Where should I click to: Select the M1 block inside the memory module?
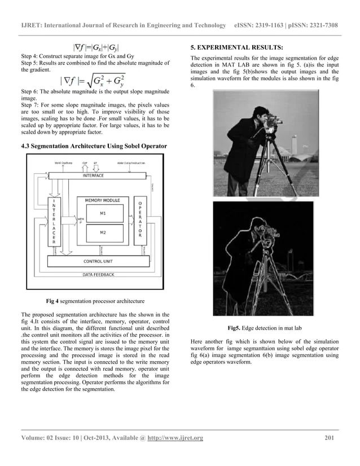[102, 213]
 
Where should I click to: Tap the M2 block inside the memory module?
[102, 232]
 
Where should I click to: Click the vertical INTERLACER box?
[54, 221]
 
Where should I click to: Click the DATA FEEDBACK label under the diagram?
[98, 274]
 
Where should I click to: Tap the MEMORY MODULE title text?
[102, 200]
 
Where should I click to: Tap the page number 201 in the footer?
[332, 438]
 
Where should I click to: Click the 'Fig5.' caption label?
[234, 328]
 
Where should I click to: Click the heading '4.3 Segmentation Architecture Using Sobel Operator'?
[94, 147]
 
